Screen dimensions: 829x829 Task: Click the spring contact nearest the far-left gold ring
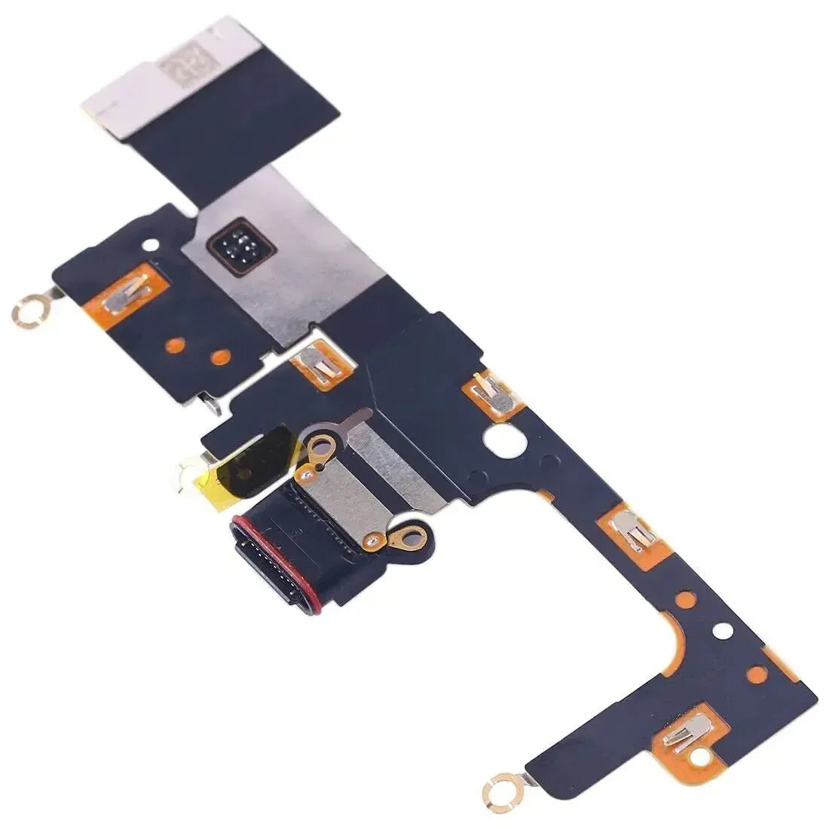124,296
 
